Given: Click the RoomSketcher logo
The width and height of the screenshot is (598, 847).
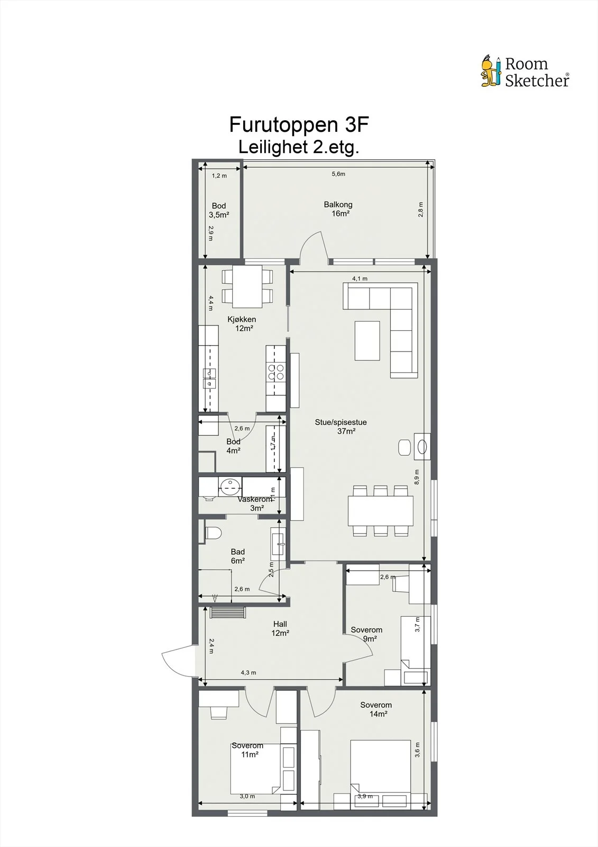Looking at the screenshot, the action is [525, 71].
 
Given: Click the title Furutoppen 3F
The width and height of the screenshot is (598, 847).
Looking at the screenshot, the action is [299, 124].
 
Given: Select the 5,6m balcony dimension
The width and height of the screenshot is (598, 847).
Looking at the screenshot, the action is [338, 174].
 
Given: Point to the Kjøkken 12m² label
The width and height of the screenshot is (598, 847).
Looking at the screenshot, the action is [242, 323].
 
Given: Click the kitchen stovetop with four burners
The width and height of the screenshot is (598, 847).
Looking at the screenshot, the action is [276, 372].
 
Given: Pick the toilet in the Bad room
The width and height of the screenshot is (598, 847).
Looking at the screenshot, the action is [213, 533].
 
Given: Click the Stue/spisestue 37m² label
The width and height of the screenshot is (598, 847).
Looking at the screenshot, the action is [341, 427].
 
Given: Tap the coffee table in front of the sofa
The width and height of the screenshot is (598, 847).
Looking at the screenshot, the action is [367, 341].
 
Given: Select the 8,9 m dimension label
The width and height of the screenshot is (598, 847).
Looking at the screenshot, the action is [417, 477].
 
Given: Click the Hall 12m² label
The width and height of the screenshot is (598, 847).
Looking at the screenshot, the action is [280, 628].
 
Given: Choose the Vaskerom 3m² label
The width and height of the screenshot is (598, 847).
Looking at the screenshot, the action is [255, 503].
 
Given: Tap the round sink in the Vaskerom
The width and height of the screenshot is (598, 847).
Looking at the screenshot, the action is [230, 486].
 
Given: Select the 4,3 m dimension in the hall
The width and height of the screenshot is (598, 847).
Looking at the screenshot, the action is [249, 673].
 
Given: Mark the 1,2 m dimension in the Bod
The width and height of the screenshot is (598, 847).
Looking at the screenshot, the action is [219, 176].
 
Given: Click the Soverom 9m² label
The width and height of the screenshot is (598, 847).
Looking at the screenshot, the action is [366, 634].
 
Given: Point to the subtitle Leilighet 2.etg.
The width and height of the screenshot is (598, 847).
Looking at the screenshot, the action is [298, 147].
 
